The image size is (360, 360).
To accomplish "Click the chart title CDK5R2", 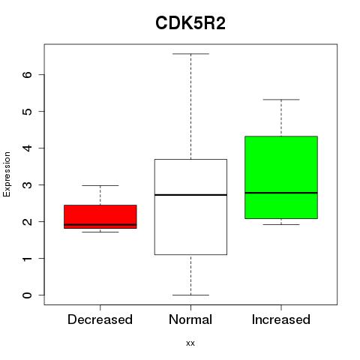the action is [x=190, y=23].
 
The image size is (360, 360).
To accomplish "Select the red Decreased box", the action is [x=100, y=217].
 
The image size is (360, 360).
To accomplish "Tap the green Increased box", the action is [x=281, y=177].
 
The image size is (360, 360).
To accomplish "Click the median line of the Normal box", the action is [x=190, y=195].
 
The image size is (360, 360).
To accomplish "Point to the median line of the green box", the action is [x=281, y=193].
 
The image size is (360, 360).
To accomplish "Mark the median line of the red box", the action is [x=100, y=224].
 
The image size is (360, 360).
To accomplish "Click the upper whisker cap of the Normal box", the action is [x=190, y=54].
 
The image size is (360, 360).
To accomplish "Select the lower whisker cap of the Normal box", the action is [x=190, y=295].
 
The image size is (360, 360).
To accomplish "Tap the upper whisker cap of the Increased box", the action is [x=281, y=100].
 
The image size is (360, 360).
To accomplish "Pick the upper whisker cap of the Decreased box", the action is [x=100, y=185].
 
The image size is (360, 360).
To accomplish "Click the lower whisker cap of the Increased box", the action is [x=281, y=224].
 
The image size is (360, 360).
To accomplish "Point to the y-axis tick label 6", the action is [x=27, y=74].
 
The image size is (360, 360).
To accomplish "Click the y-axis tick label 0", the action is [x=27, y=295].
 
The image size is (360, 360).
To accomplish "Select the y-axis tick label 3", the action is [x=27, y=185].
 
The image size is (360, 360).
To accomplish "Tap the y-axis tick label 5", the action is [x=27, y=111].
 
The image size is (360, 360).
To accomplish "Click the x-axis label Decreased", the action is [x=100, y=319].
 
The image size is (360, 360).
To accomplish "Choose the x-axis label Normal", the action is [x=190, y=319].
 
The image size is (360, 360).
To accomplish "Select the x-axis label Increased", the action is [x=281, y=319].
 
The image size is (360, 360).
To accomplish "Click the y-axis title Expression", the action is [x=7, y=174].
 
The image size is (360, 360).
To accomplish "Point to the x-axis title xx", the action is [x=190, y=343].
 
